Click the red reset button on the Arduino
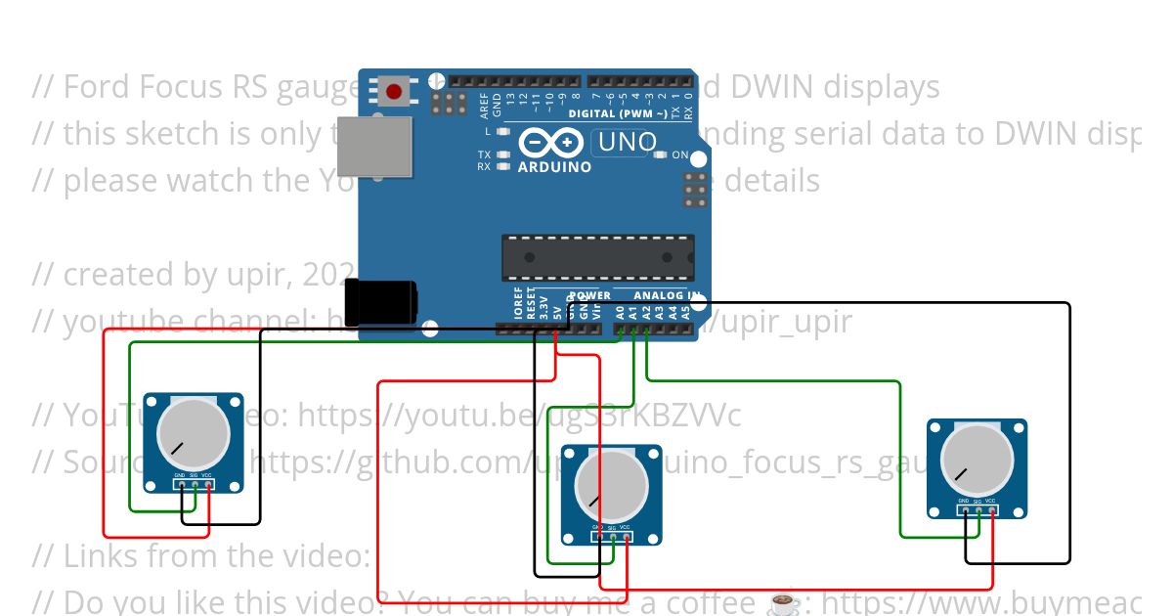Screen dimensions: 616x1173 (393, 92)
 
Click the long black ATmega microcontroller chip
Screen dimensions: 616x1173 (597, 257)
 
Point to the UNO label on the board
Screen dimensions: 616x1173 (626, 143)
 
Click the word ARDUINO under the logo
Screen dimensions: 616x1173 (553, 167)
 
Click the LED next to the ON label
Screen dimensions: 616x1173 (660, 155)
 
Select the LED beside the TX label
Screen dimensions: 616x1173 (503, 154)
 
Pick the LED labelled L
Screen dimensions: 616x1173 (503, 131)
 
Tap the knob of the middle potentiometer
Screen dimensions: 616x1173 (611, 484)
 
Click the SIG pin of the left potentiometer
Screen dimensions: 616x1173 (195, 484)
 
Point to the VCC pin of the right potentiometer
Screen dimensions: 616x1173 (991, 509)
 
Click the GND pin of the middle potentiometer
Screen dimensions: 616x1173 (598, 536)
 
